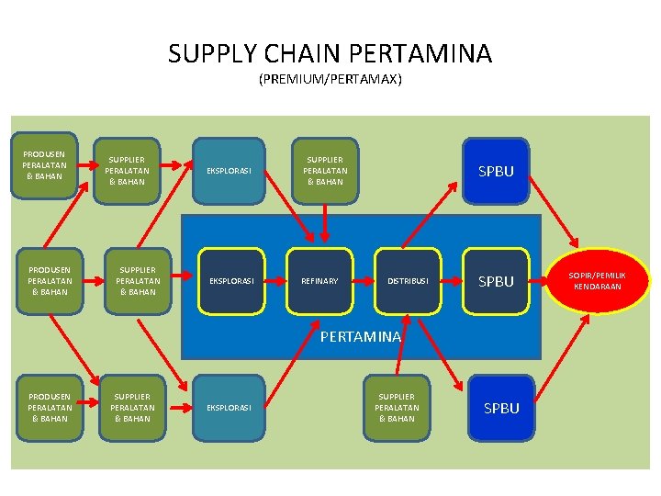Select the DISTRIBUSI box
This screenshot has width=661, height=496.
pos(407,280)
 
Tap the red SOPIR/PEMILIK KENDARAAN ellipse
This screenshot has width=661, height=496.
pos(597,281)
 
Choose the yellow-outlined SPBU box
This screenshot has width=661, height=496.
pos(496,281)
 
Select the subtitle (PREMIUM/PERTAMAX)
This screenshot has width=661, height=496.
pos(330,80)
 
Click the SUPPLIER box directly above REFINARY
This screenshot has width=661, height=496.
pos(325,170)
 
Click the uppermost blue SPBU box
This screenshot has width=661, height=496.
pos(496,171)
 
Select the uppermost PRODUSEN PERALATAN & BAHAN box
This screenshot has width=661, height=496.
pos(44,163)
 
